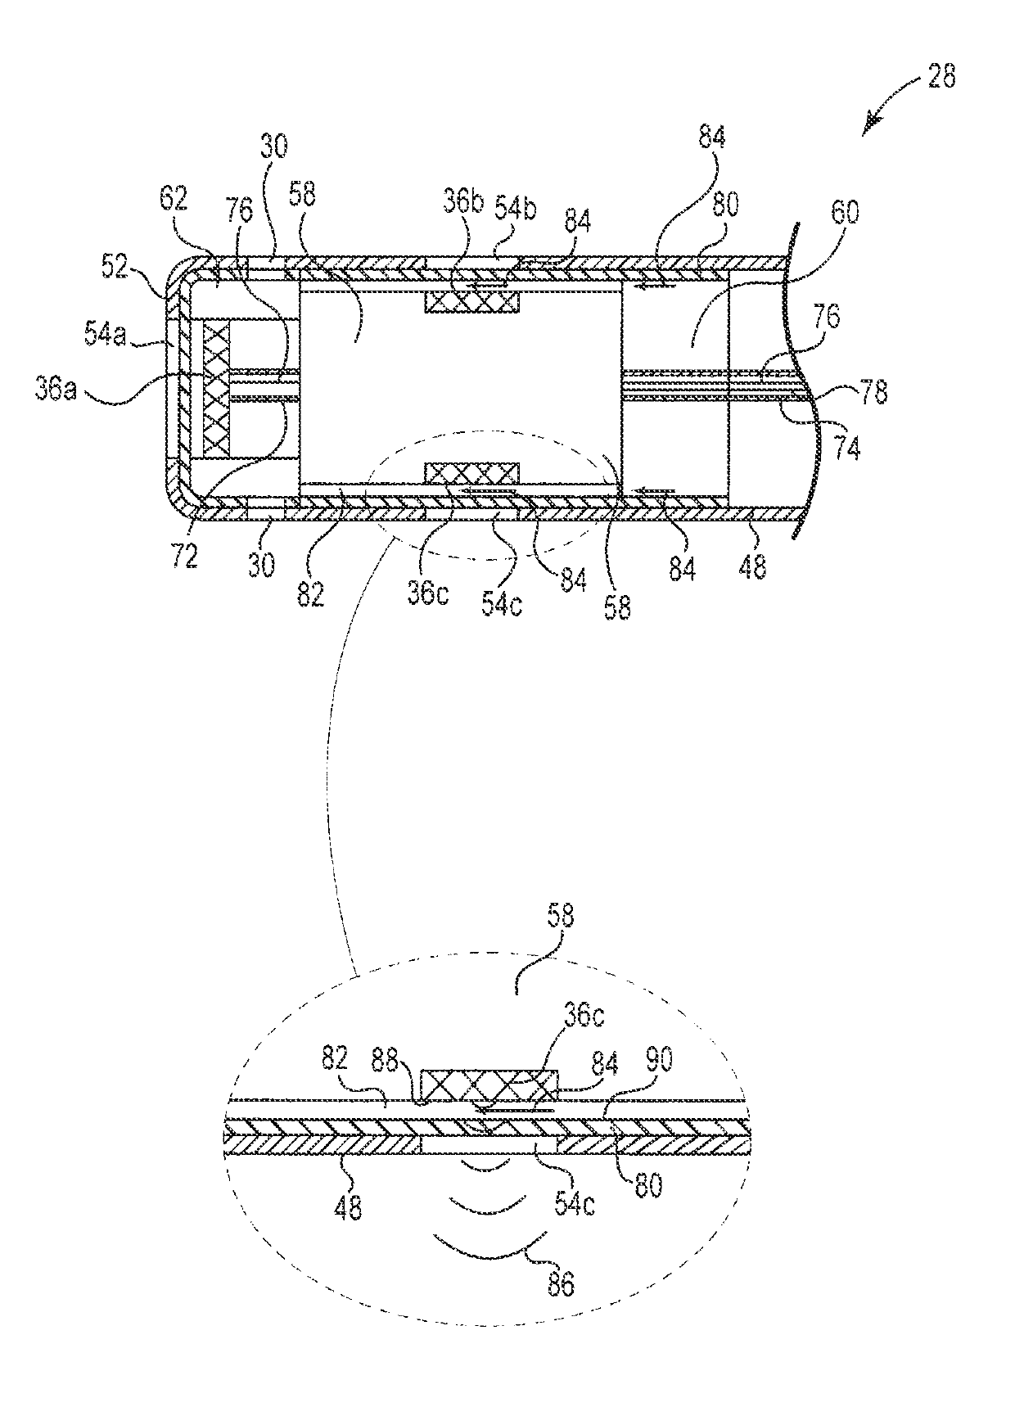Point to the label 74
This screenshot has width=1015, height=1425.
846,448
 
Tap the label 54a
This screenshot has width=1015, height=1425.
104,335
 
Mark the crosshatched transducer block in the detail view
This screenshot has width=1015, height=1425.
489,1087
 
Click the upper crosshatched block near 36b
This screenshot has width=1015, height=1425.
471,302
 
